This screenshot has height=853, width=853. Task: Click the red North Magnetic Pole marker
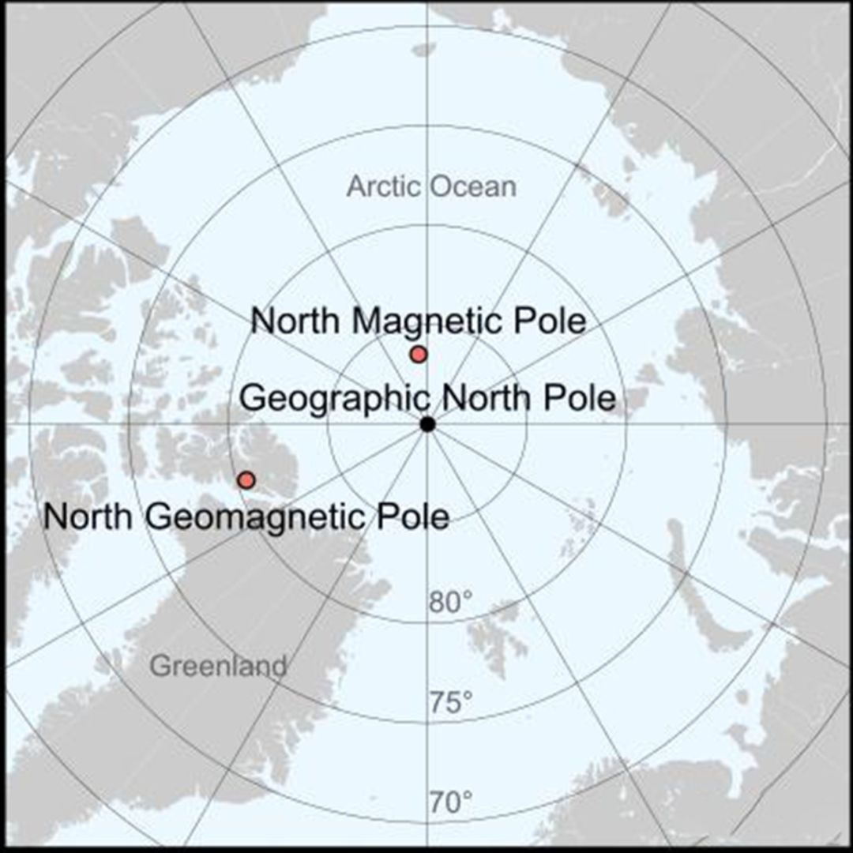(419, 355)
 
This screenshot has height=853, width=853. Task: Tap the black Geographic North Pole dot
(427, 424)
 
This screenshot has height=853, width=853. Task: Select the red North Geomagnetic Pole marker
(246, 479)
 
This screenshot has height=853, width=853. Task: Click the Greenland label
(218, 667)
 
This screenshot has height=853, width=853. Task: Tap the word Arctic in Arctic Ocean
(385, 187)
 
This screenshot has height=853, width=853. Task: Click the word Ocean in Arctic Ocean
(474, 187)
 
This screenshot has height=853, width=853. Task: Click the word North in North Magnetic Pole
(297, 321)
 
